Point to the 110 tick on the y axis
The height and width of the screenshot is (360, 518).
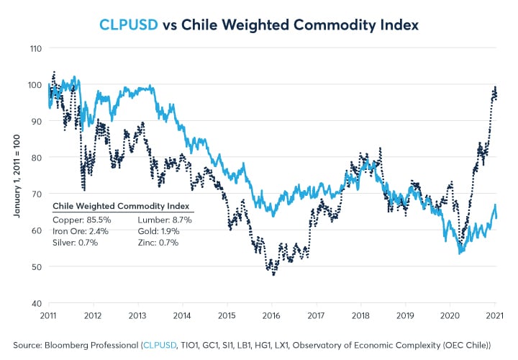(x=35, y=48)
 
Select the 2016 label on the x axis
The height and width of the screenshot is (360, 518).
(x=271, y=315)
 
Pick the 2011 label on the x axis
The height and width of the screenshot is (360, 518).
(x=48, y=315)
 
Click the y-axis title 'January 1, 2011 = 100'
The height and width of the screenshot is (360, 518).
(x=15, y=175)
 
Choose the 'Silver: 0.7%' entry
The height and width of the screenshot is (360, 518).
(x=76, y=244)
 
